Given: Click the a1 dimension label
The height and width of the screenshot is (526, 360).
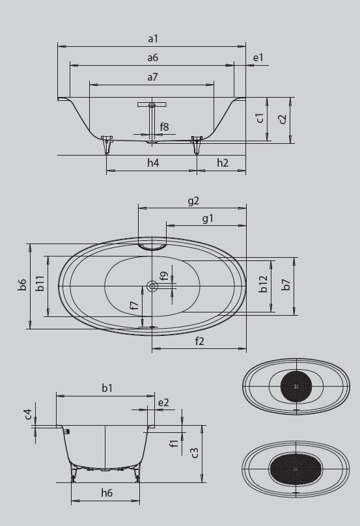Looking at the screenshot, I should click(152, 39).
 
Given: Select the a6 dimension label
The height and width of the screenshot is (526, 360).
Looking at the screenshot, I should click(152, 58).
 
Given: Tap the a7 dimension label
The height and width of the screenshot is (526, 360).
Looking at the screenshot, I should click(152, 77).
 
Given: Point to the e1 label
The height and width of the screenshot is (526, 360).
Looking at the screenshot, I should click(258, 58).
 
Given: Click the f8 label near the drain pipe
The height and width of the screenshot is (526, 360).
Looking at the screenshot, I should click(165, 127).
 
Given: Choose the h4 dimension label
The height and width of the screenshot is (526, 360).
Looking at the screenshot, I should click(152, 163).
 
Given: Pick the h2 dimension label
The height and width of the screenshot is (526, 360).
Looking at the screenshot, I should click(222, 163).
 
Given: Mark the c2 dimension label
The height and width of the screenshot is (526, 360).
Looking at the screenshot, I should click(282, 118).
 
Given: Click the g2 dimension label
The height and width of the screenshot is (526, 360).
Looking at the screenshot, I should click(193, 201).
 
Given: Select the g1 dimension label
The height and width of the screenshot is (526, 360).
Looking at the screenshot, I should click(208, 219).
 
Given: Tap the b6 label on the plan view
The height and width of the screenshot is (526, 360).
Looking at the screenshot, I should click(22, 284).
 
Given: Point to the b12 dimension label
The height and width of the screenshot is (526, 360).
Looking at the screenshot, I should click(263, 284).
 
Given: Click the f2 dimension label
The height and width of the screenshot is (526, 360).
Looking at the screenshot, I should click(199, 341).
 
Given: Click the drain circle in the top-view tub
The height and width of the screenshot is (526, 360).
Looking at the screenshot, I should click(152, 286).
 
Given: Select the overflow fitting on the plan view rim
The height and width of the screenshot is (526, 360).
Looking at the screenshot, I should click(152, 245).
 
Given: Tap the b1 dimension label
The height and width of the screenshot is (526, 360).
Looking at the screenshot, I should click(107, 388).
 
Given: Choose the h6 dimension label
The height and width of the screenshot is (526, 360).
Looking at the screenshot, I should click(107, 493).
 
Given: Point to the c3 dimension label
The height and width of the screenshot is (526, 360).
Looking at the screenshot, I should click(195, 453).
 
